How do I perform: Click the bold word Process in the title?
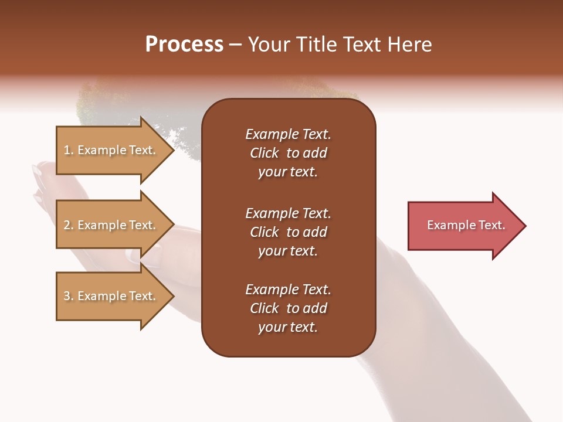click(184, 45)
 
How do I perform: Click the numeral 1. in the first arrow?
click(68, 150)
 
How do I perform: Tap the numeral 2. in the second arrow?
click(68, 225)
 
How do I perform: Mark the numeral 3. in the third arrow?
click(68, 296)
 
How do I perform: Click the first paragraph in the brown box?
click(288, 153)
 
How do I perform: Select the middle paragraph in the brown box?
click(288, 232)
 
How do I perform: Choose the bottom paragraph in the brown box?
click(288, 308)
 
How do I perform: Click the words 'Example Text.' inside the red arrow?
click(466, 225)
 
